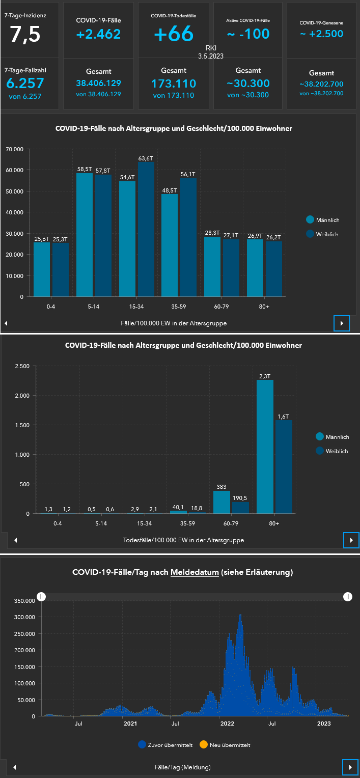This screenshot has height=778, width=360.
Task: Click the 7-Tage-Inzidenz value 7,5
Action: coord(25,34)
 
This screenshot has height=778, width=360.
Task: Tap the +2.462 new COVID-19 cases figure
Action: coord(98,34)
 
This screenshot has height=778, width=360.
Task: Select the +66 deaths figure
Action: coord(174,34)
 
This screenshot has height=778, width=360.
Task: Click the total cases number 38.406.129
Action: coord(98,83)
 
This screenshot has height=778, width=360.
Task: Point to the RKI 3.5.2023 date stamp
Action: coord(211,52)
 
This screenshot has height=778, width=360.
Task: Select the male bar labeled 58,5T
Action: coord(85,234)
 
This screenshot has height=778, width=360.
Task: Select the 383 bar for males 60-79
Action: coord(221,502)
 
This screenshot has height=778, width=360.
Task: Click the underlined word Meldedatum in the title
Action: coord(195,572)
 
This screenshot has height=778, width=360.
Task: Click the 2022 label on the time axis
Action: coord(227,723)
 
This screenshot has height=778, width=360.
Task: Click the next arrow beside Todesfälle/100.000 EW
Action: coord(351,540)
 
